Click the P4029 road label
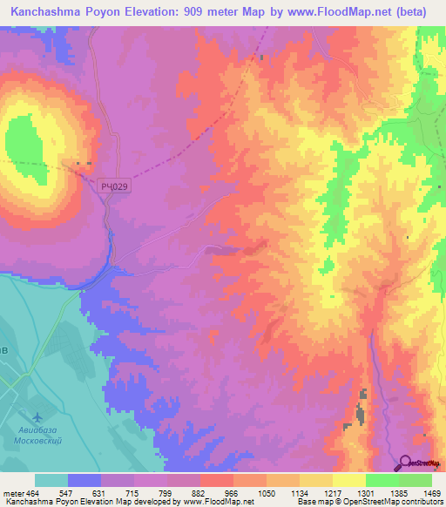point(114,186)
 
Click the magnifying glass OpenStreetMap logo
point(406,463)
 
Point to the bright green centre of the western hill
point(24,139)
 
